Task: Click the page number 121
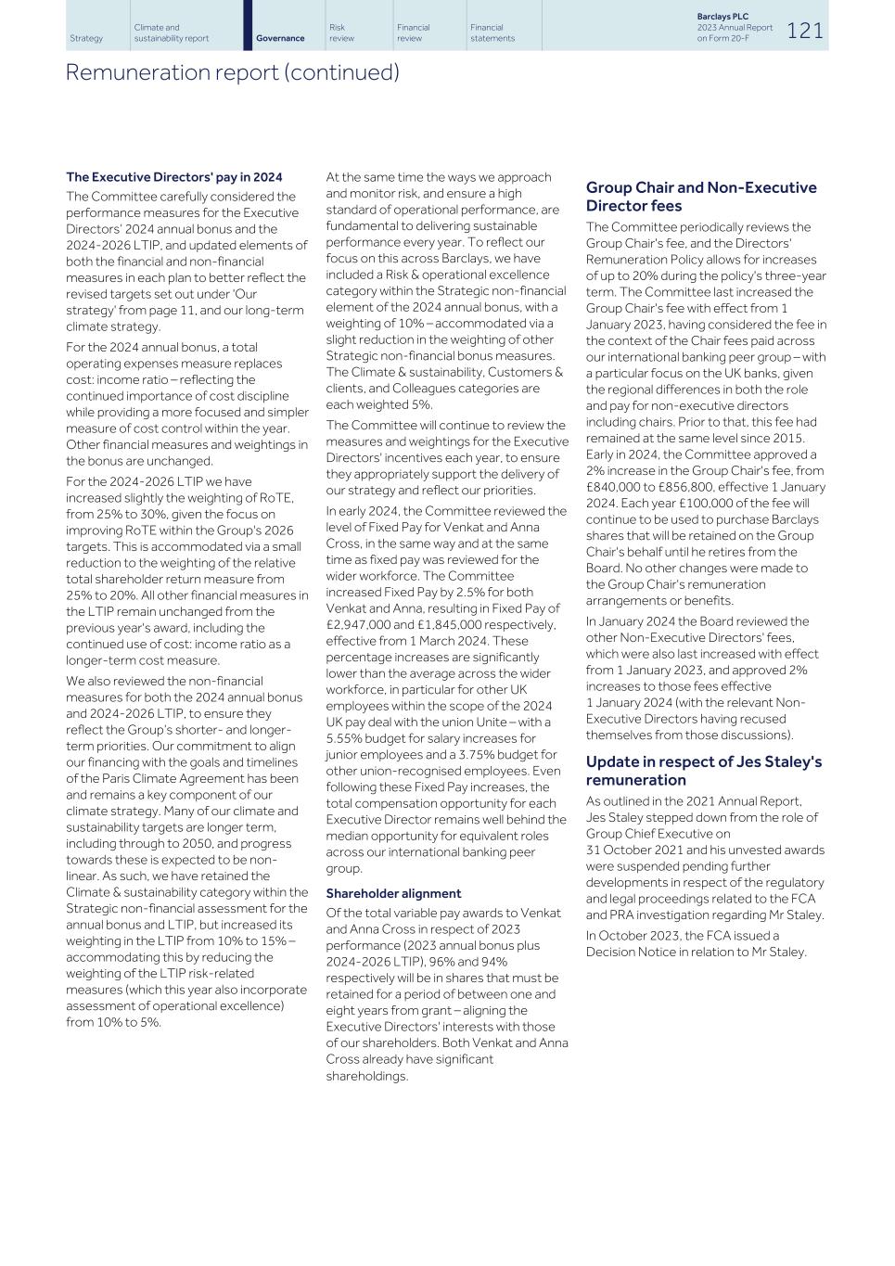coord(805,31)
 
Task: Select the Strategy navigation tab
coord(86,38)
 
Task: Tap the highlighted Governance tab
coord(280,38)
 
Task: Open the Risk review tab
coord(341,32)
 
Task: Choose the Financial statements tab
coord(492,32)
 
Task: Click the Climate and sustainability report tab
coord(171,32)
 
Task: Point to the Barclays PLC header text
coord(722,17)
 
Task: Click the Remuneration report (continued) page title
coord(232,72)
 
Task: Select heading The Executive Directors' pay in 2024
coord(174,177)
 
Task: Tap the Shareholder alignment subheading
coord(393,893)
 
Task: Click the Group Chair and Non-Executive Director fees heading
coord(700,197)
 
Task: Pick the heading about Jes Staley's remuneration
coord(703,771)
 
